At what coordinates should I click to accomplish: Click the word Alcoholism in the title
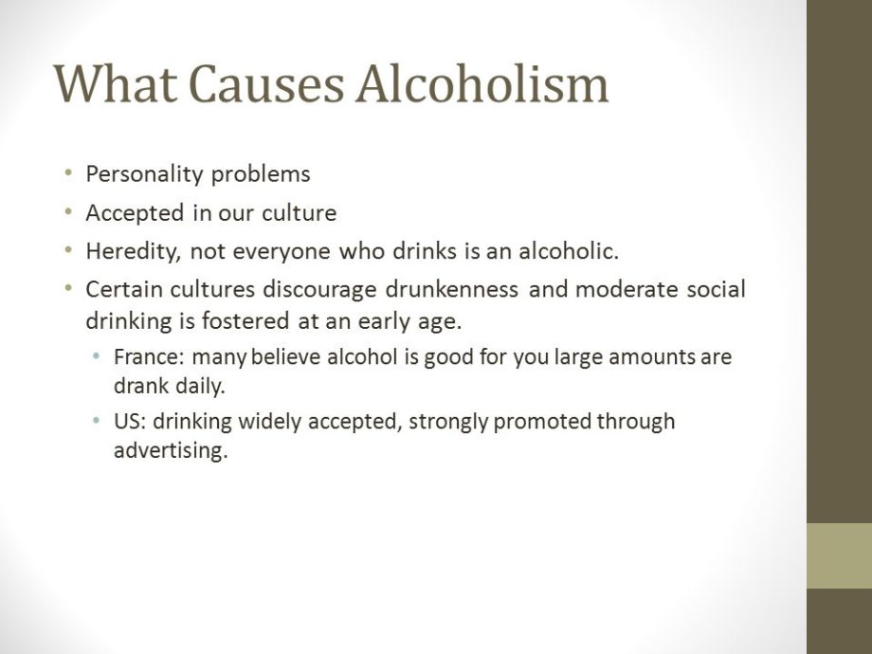pyautogui.click(x=482, y=83)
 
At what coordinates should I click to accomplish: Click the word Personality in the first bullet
pyautogui.click(x=145, y=174)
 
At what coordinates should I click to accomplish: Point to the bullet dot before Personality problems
pyautogui.click(x=67, y=174)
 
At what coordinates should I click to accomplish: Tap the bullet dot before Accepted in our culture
pyautogui.click(x=67, y=213)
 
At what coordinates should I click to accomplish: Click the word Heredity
pyautogui.click(x=124, y=252)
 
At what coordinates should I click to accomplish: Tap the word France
pyautogui.click(x=141, y=358)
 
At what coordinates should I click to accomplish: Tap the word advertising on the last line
pyautogui.click(x=171, y=450)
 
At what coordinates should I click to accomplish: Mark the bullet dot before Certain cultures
pyautogui.click(x=67, y=289)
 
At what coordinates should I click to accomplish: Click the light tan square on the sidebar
pyautogui.click(x=839, y=555)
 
